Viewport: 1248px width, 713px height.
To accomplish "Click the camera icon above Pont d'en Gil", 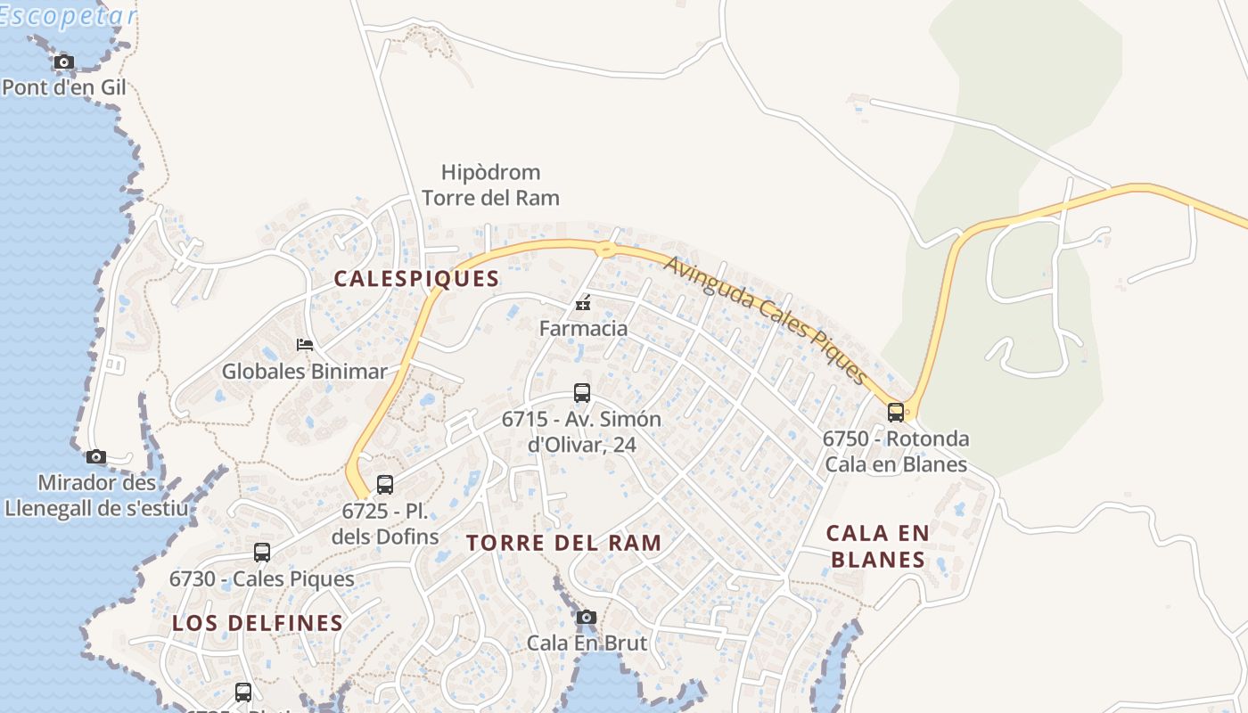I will click(x=63, y=61).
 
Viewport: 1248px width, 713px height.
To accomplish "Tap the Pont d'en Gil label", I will click(x=63, y=87).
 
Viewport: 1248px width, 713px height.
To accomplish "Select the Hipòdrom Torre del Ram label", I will click(x=490, y=184).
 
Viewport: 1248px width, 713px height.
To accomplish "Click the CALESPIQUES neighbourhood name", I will click(x=416, y=278).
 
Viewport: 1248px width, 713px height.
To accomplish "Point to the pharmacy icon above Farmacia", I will click(x=583, y=304).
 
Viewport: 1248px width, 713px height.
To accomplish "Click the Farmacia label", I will click(x=583, y=328).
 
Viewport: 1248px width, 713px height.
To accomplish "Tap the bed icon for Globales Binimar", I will click(x=305, y=345).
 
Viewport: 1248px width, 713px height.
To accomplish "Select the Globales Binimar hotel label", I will click(x=304, y=371).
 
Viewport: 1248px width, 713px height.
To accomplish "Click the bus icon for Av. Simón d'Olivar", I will click(x=581, y=392).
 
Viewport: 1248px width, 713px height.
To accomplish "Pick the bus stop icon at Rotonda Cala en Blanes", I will click(x=896, y=413).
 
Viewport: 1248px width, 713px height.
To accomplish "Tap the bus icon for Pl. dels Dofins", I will click(x=385, y=485).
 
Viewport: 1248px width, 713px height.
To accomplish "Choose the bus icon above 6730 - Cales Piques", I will click(x=261, y=553).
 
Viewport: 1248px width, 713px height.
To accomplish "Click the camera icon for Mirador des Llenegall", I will click(x=96, y=457).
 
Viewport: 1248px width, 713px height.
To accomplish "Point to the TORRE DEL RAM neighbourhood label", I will click(x=563, y=543).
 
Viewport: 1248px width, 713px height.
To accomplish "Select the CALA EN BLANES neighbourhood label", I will click(x=877, y=546).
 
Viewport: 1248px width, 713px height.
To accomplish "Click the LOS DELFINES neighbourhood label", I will click(x=258, y=623).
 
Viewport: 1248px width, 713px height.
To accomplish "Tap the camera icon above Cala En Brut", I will click(x=586, y=617).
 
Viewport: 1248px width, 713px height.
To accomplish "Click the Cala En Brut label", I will click(x=587, y=642).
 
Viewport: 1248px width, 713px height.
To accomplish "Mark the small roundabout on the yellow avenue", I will click(x=605, y=249).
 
